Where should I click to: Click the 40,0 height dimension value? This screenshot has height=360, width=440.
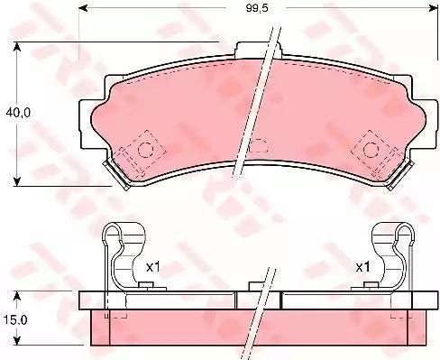[18, 113]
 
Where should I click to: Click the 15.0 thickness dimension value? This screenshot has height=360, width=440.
[15, 319]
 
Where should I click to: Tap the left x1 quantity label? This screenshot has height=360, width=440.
[152, 267]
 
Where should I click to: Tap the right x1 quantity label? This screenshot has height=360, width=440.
[362, 267]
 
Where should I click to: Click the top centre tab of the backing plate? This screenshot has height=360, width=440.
[259, 49]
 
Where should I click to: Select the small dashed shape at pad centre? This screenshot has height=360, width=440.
[259, 145]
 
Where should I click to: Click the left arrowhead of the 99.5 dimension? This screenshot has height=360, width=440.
[83, 8]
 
